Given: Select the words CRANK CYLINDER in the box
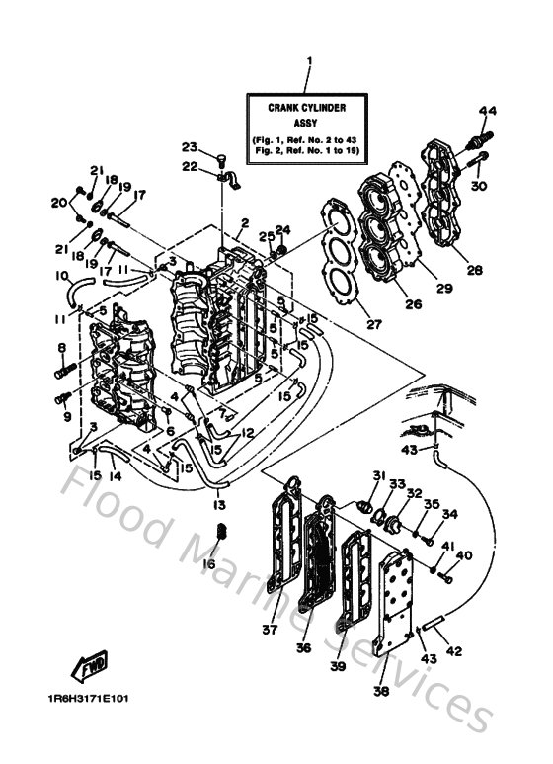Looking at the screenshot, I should [x=307, y=105].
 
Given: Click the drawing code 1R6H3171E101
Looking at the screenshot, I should [x=87, y=698].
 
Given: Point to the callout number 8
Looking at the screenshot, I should [x=61, y=348].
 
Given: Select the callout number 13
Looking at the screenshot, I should [x=219, y=505].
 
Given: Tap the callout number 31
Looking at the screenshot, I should [x=376, y=477].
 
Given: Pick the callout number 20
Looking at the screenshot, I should [x=58, y=203].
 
